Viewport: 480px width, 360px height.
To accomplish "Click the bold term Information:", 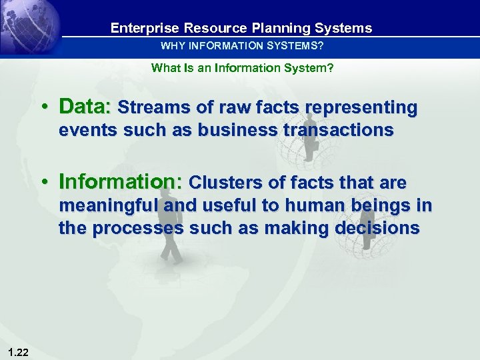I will pyautogui.click(x=121, y=182).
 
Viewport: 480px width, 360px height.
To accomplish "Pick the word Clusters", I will pyautogui.click(x=227, y=183).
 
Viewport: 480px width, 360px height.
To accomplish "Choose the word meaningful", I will pyautogui.click(x=109, y=206).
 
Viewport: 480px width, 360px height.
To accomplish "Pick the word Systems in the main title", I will pyautogui.click(x=345, y=28).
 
